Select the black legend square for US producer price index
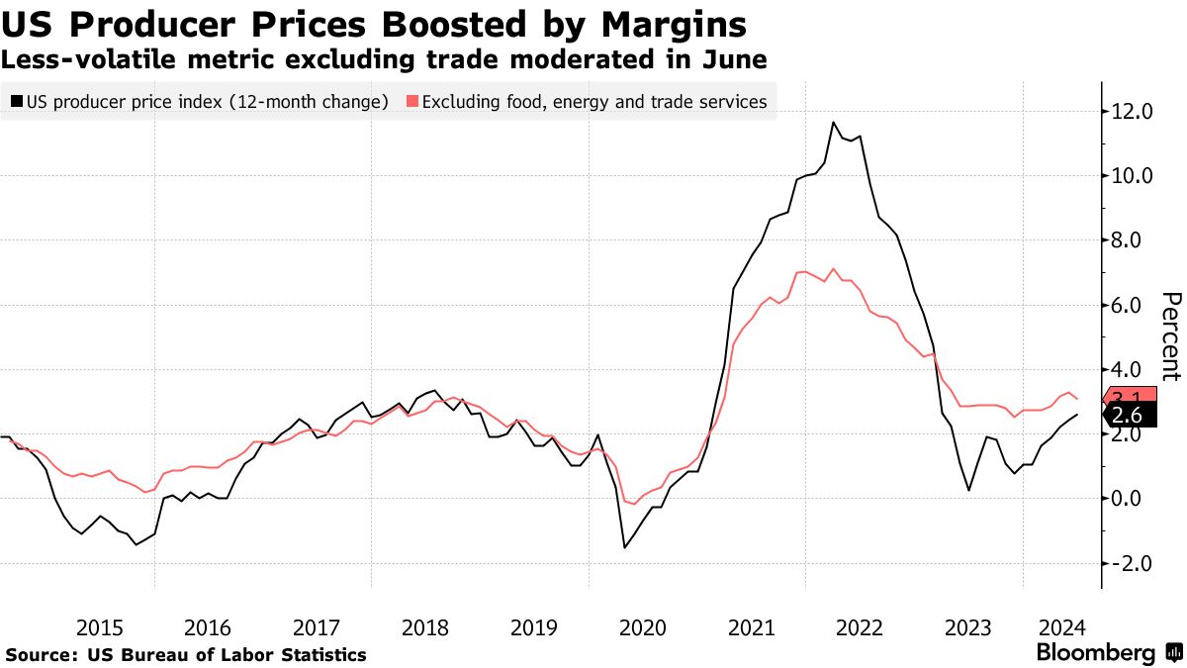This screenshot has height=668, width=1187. (x=16, y=101)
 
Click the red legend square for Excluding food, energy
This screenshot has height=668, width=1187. (x=412, y=101)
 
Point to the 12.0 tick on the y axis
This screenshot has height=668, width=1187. (x=1134, y=112)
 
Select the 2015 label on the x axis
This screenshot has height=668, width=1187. (x=100, y=627)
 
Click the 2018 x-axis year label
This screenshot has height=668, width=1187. (x=425, y=627)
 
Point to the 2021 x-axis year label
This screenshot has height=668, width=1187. (x=751, y=627)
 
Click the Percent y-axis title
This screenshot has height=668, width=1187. (x=1171, y=336)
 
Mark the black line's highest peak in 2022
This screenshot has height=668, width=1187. (x=834, y=123)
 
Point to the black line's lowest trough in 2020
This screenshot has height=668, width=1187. (x=625, y=547)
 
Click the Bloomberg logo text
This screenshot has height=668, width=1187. (x=1095, y=653)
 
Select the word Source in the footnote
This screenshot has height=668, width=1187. (x=41, y=655)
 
